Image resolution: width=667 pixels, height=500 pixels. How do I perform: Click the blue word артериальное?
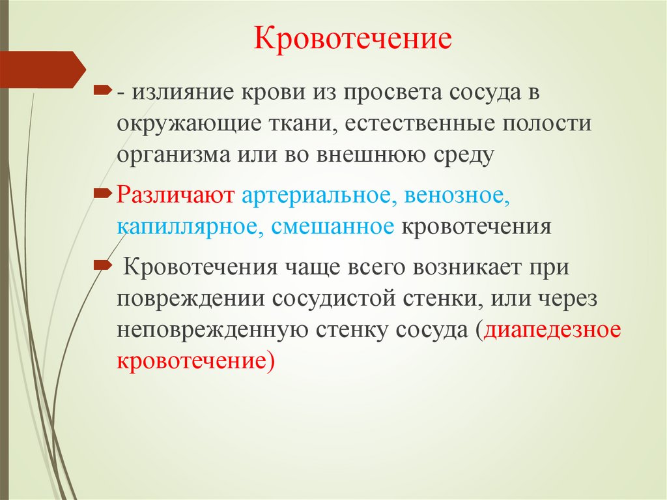[317, 196]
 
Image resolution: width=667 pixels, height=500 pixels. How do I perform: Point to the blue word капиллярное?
[187, 227]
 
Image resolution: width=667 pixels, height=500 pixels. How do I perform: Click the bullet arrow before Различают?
[103, 193]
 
